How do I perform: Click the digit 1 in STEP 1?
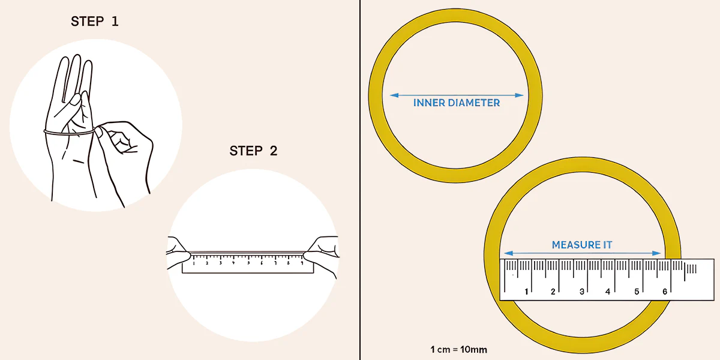115,22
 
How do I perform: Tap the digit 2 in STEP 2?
274,151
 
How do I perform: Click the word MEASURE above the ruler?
573,245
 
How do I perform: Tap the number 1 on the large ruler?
526,292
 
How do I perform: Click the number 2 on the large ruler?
553,292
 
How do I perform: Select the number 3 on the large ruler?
581,292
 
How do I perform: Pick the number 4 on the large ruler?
607,292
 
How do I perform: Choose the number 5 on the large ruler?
637,292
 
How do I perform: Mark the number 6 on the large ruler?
665,292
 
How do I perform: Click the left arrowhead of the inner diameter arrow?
394,95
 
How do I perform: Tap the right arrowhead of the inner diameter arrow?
519,95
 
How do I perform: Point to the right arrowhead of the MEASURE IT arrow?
656,253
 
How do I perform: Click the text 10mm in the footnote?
473,349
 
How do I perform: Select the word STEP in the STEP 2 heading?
246,151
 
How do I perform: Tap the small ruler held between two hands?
248,263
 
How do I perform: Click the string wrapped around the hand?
69,133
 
